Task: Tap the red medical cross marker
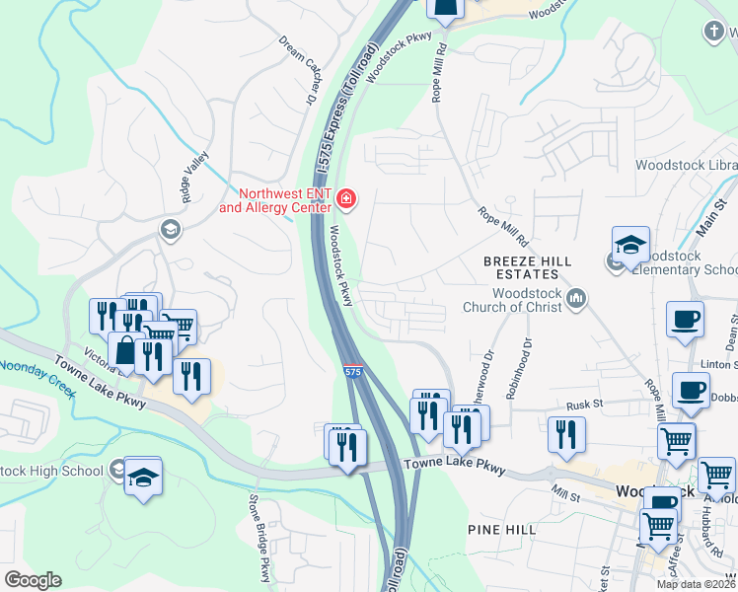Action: [x=346, y=200]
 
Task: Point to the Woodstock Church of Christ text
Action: [x=513, y=300]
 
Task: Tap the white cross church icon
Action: [x=713, y=32]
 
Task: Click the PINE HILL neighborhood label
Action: [x=503, y=530]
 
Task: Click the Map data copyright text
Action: [x=696, y=584]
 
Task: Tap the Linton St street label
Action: [x=719, y=364]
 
